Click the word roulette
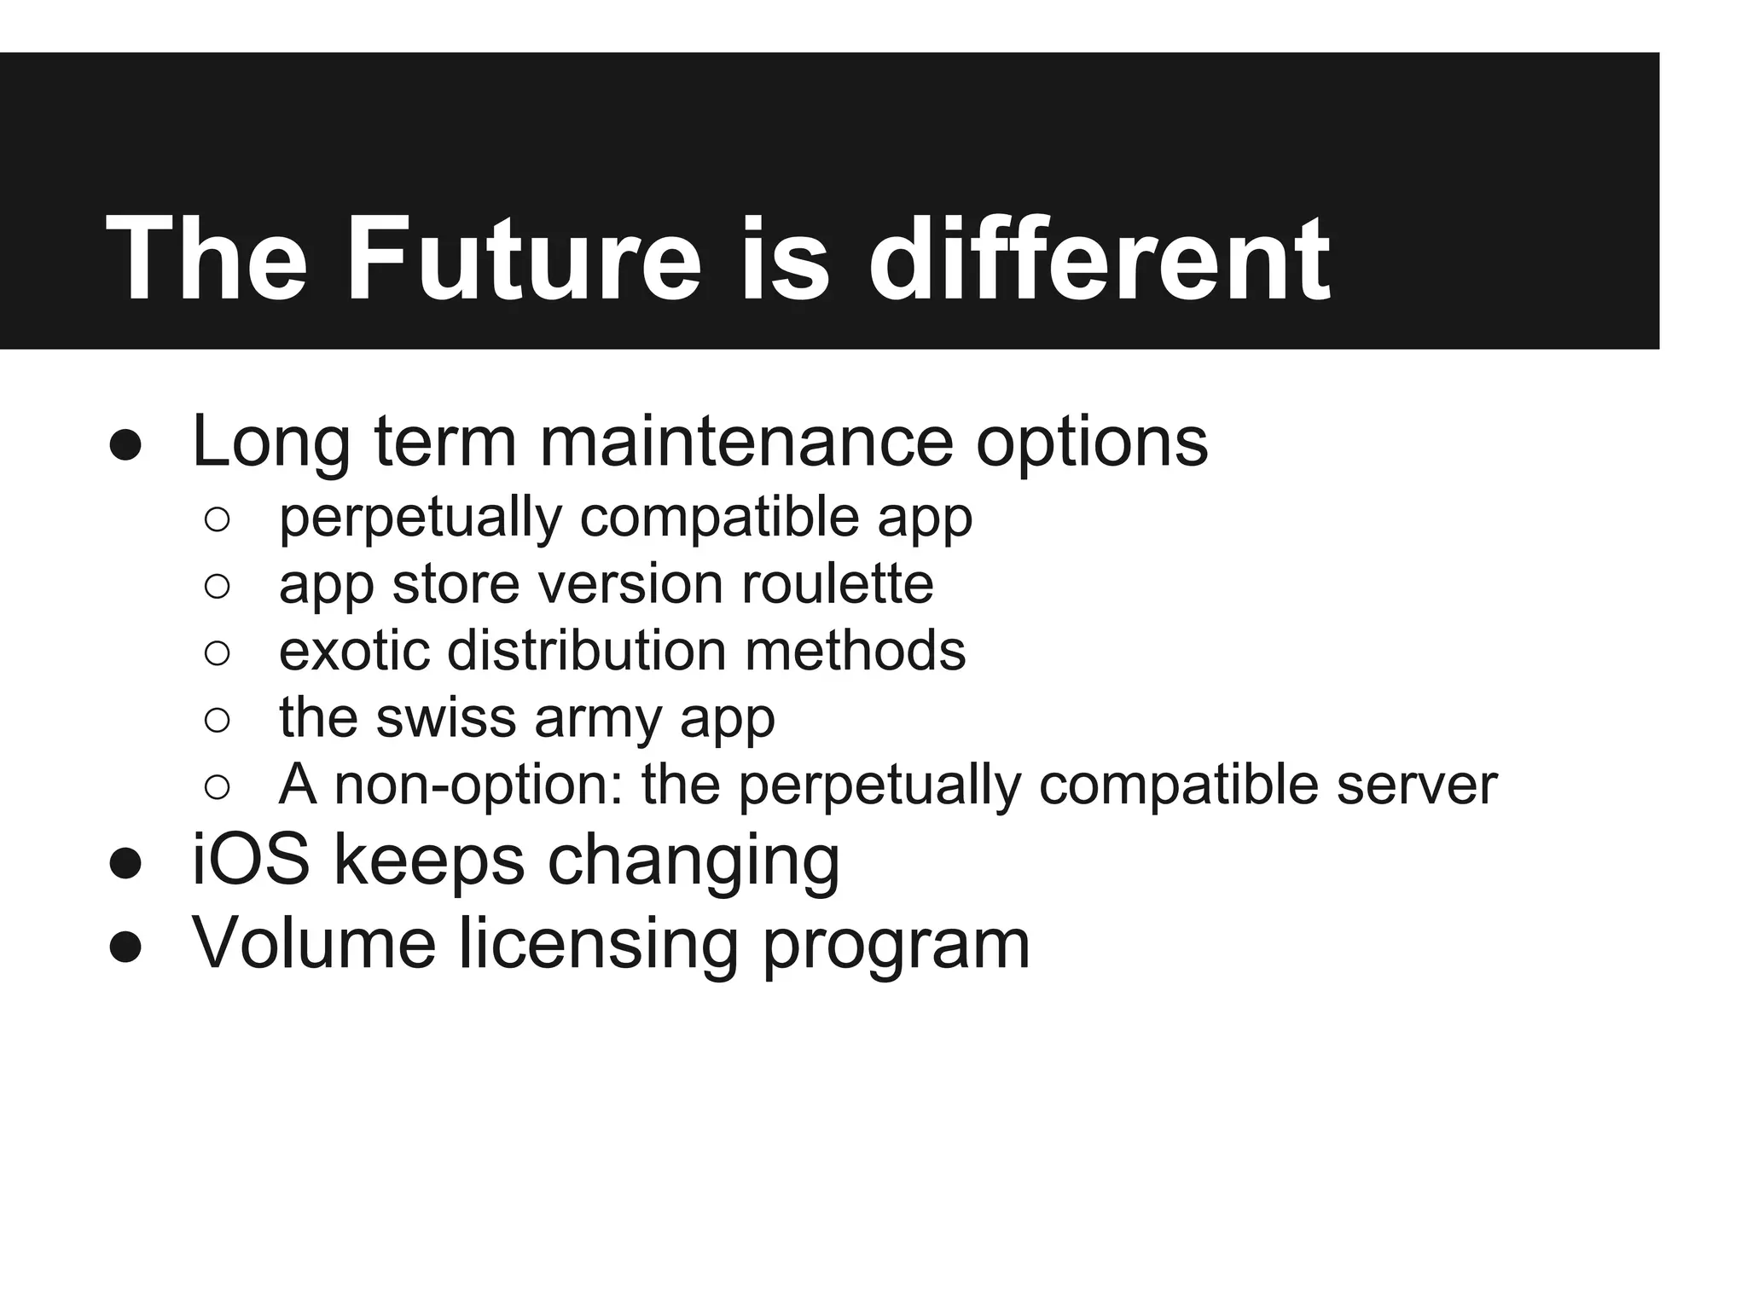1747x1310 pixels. [837, 584]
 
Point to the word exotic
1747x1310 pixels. [354, 651]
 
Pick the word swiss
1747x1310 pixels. [446, 717]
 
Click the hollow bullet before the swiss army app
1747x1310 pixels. [218, 720]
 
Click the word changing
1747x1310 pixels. [694, 861]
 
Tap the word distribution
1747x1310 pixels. [587, 651]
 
